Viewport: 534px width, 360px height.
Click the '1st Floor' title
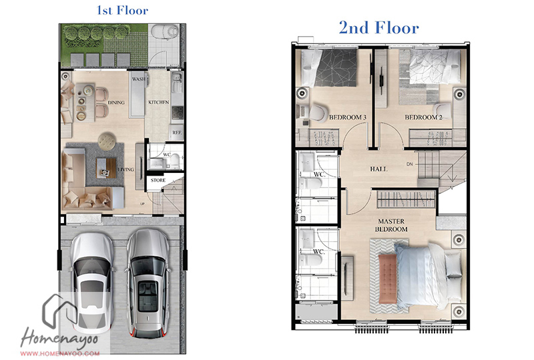[x=123, y=10]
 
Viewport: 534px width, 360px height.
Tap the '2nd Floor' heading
[x=378, y=27]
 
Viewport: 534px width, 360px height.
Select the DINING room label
[x=116, y=102]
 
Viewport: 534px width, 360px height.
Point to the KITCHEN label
[x=159, y=102]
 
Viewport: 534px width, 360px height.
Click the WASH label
[x=139, y=79]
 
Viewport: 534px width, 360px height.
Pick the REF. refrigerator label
[x=177, y=133]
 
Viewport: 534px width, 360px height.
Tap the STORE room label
[x=158, y=180]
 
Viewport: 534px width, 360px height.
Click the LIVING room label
[x=125, y=170]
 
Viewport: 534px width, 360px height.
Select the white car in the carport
[x=92, y=281]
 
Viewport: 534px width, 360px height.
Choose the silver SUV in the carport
[x=148, y=283]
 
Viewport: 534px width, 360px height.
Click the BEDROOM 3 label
[x=347, y=118]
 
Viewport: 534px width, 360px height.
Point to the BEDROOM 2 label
[x=423, y=118]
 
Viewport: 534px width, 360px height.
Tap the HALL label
[x=378, y=169]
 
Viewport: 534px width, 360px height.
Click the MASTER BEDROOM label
[x=391, y=225]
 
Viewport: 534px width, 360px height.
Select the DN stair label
[x=409, y=164]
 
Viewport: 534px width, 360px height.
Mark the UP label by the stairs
[x=142, y=204]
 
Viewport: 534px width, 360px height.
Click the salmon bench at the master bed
[x=388, y=278]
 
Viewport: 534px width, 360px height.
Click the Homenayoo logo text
[x=59, y=338]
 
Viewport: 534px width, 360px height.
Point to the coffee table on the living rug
[x=106, y=168]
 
